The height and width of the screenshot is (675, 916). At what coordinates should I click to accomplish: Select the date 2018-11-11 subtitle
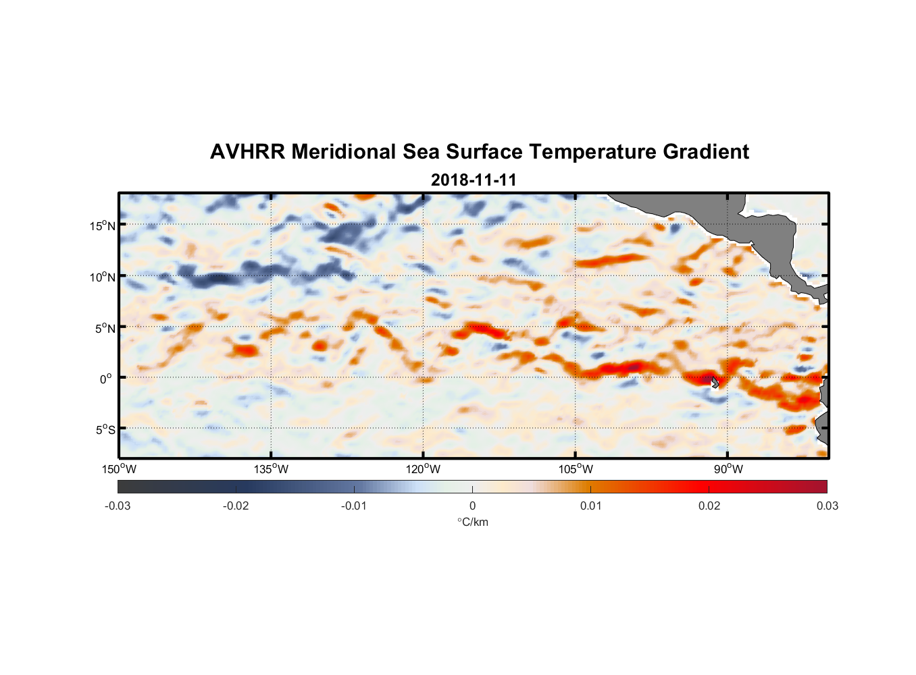point(474,180)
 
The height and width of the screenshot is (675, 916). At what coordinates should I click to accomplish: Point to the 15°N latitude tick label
point(103,225)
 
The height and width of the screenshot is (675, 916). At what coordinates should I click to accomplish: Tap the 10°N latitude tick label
point(103,277)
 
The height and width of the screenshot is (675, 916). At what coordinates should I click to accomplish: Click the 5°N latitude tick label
point(105,328)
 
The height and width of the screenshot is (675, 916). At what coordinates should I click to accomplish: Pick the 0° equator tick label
point(106,379)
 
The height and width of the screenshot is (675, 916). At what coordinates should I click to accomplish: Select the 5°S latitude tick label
point(105,429)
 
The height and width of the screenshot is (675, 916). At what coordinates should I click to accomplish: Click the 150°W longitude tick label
point(119,469)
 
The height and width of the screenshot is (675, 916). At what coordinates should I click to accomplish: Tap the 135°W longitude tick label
point(271,469)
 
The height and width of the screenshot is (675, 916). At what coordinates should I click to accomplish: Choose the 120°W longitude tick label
point(423,469)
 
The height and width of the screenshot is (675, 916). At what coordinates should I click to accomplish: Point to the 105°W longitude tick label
point(576,469)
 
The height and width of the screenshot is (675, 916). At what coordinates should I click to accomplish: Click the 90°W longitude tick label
point(728,469)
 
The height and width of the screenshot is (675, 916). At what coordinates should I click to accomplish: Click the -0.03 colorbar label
point(118,506)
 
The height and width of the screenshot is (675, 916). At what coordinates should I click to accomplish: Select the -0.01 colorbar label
point(354,506)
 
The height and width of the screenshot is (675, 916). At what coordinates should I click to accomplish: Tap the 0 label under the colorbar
point(472,506)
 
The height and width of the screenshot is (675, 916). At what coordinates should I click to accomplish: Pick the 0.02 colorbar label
point(709,506)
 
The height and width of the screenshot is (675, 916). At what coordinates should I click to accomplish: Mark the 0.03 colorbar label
point(827,506)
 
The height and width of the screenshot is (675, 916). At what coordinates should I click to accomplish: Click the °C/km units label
point(473,522)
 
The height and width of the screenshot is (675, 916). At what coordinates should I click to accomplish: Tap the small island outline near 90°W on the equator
point(715,382)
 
